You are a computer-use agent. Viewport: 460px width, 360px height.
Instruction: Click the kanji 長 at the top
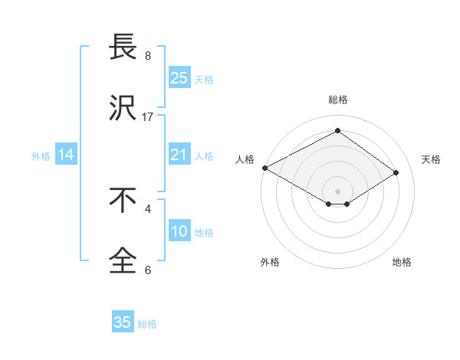(x=123, y=47)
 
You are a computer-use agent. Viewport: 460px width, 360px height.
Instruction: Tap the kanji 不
(x=123, y=201)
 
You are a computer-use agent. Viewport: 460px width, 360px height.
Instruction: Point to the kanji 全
(x=123, y=261)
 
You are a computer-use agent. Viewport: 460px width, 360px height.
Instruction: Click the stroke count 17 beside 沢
(x=148, y=116)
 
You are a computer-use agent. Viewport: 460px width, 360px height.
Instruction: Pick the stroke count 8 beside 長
(x=148, y=56)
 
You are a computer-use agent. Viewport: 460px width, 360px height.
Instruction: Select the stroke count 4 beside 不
(x=148, y=208)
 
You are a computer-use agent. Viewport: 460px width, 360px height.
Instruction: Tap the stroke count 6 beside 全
(x=148, y=270)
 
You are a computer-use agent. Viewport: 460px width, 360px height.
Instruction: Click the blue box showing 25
(x=179, y=77)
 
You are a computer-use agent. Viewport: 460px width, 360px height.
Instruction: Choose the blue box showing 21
(x=179, y=155)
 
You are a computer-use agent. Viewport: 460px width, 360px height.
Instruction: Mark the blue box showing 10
(x=179, y=231)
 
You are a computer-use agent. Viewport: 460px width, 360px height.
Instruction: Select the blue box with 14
(x=66, y=155)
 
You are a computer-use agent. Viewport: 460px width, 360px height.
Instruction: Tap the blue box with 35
(x=123, y=322)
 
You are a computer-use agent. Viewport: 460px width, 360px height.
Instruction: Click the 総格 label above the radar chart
(x=337, y=100)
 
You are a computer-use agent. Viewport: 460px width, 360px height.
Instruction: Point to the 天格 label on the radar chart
(x=431, y=159)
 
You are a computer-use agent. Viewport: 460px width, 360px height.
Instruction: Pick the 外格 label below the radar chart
(x=270, y=263)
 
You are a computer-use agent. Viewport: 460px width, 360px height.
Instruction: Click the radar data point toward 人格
(x=264, y=168)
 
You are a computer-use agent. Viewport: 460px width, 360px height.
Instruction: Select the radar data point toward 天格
(x=396, y=172)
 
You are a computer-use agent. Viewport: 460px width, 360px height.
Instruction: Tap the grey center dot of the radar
(x=337, y=191)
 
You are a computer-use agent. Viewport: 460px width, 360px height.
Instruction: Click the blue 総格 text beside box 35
(x=147, y=324)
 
